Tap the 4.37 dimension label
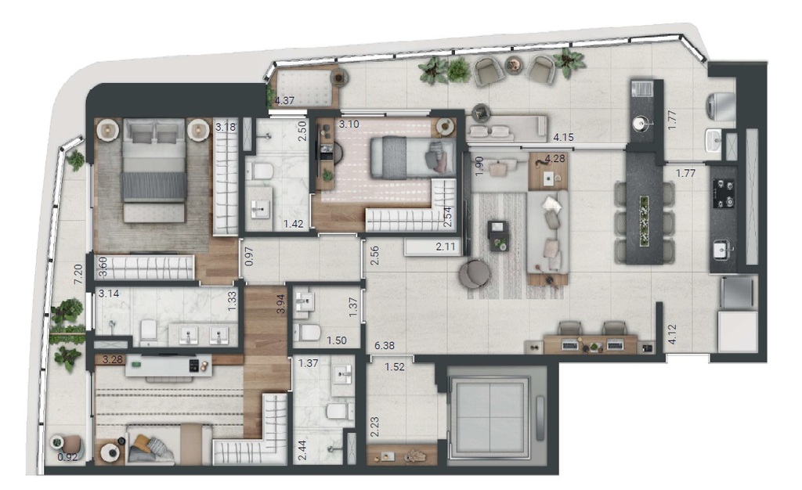(284, 100)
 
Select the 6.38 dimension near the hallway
(385, 345)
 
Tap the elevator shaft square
(488, 413)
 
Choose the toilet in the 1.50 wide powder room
(310, 333)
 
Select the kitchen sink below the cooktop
(722, 250)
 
